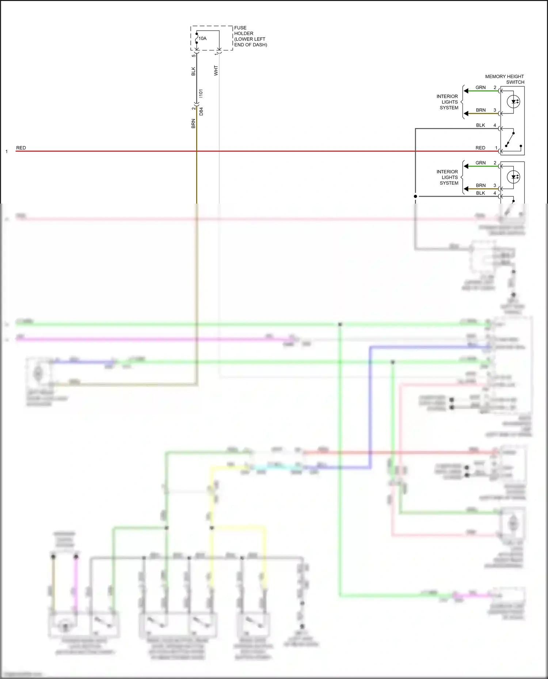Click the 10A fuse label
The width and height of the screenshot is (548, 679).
click(202, 38)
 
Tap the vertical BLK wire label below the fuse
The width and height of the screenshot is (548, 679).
click(193, 71)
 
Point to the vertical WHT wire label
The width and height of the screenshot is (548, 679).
click(216, 70)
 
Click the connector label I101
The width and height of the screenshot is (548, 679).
click(201, 93)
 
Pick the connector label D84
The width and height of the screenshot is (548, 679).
click(201, 111)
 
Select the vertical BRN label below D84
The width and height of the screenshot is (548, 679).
click(193, 123)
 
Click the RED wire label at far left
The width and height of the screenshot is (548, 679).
click(21, 148)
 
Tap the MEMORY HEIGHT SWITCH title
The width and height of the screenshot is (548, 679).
click(505, 79)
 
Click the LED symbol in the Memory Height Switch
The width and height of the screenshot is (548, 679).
click(513, 102)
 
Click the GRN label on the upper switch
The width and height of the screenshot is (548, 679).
click(480, 88)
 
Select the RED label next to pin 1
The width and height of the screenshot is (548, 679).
click(480, 148)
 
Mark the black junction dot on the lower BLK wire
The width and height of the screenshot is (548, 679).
click(415, 196)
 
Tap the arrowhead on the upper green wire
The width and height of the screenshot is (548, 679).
click(466, 91)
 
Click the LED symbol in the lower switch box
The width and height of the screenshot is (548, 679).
click(513, 177)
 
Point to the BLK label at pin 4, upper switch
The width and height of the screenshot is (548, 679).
click(480, 125)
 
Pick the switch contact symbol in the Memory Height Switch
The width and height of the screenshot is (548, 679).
click(511, 140)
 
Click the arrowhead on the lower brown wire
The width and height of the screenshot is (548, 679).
click(466, 189)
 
